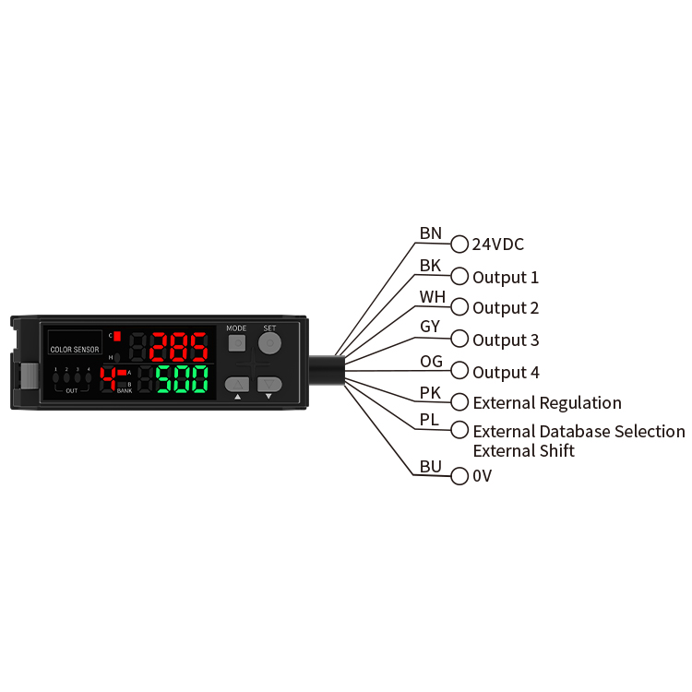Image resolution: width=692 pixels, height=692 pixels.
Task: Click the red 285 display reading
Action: (x=179, y=348)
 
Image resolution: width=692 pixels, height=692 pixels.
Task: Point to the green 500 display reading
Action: (x=182, y=379)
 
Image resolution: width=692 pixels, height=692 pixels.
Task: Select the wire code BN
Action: (x=431, y=233)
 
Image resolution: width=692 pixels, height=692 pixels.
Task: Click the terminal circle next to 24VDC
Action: (x=459, y=245)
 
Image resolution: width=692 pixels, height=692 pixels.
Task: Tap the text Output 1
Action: (x=506, y=277)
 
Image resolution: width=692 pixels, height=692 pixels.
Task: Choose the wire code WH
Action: (x=432, y=297)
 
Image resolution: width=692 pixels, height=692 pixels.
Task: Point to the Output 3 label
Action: (x=506, y=340)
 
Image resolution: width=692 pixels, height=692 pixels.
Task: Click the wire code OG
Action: (x=431, y=361)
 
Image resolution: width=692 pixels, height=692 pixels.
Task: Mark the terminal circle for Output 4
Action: (x=459, y=372)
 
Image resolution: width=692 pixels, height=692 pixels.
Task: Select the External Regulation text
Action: (x=547, y=403)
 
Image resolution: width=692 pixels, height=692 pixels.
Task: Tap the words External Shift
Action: (x=523, y=451)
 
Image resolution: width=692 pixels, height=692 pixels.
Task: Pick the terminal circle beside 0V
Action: (x=459, y=477)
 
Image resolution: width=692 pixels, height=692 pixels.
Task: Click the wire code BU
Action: (x=431, y=466)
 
